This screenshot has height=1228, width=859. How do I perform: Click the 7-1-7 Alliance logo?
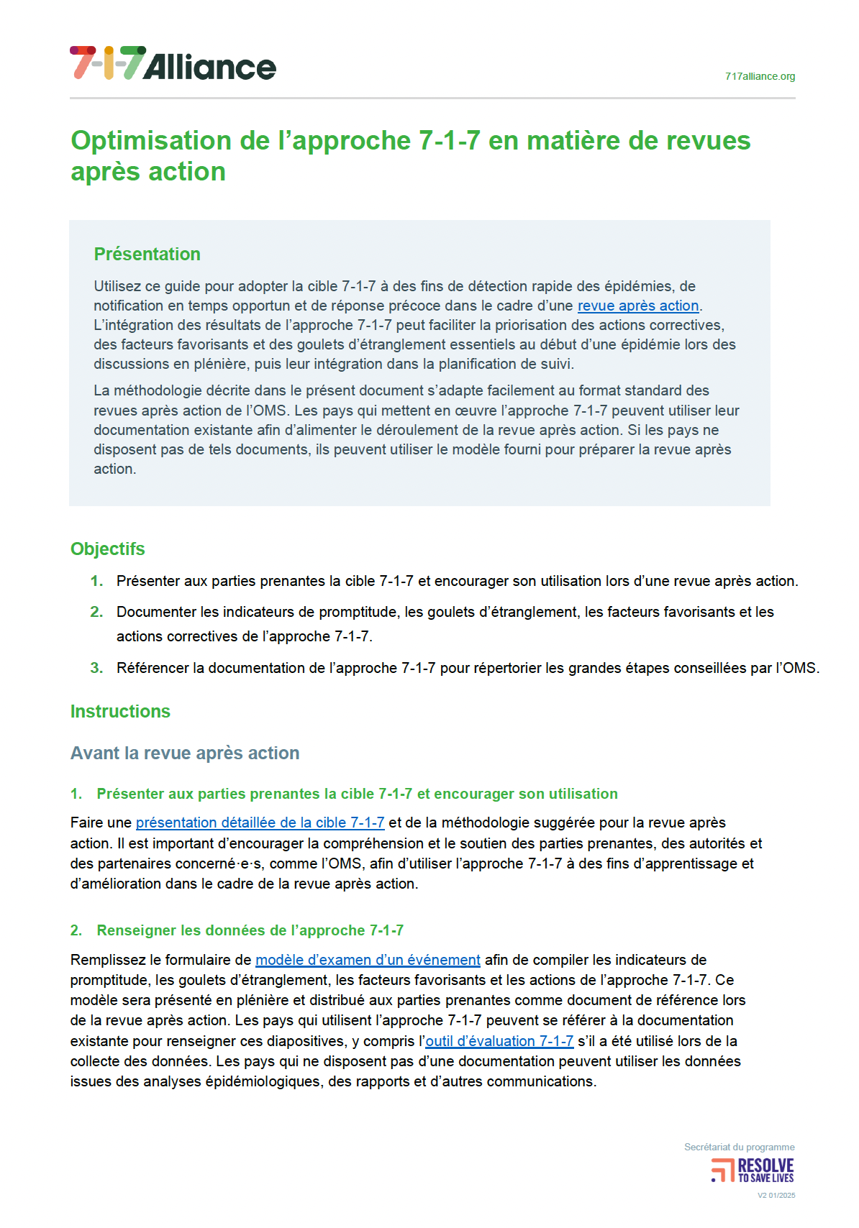tap(173, 64)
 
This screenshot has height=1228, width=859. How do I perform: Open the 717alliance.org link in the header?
tap(760, 76)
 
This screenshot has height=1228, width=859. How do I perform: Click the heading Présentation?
tap(147, 254)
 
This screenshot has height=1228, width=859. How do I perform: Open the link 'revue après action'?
tap(638, 306)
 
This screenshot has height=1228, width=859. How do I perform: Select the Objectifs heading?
tap(108, 549)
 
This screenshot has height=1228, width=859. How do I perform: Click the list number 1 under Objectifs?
tap(96, 581)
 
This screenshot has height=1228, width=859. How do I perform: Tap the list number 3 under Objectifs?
tap(96, 668)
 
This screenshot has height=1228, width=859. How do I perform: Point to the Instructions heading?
tap(120, 711)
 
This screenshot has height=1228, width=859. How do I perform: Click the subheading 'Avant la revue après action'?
tap(185, 753)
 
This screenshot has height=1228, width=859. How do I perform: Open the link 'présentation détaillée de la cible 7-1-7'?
tap(260, 823)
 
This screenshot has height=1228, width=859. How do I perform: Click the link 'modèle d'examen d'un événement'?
tap(368, 960)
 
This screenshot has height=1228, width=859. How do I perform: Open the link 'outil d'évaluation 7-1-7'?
tap(499, 1041)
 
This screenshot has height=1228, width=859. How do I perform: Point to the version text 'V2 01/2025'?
tap(776, 1196)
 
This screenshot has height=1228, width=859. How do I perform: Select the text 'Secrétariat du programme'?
tap(739, 1147)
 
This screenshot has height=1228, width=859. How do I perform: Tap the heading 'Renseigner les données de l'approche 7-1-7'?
tap(250, 930)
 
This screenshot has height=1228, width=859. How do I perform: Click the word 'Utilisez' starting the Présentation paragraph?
tap(117, 286)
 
